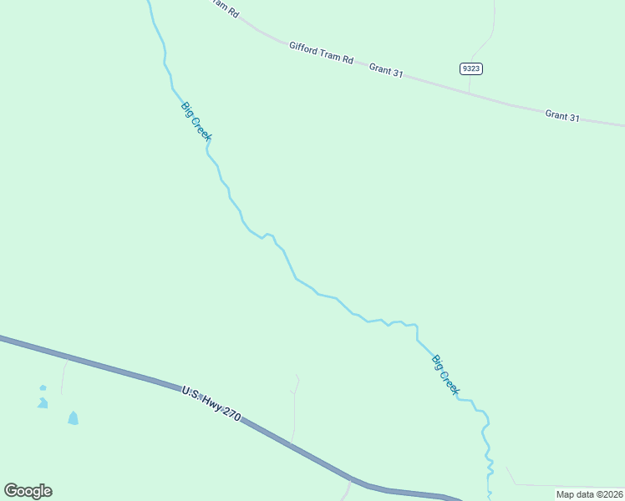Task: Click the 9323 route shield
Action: pyautogui.click(x=470, y=68)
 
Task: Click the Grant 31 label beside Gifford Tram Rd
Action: pyautogui.click(x=387, y=72)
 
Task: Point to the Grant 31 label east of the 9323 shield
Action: pyautogui.click(x=562, y=116)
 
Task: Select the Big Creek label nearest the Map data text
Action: pyautogui.click(x=446, y=375)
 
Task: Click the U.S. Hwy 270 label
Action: pyautogui.click(x=211, y=402)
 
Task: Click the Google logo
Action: pyautogui.click(x=28, y=491)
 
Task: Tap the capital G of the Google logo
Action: pyautogui.click(x=11, y=490)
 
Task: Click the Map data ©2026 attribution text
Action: pyautogui.click(x=590, y=494)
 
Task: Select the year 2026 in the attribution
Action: pyautogui.click(x=612, y=494)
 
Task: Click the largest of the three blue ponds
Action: pyautogui.click(x=73, y=417)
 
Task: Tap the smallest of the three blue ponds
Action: pyautogui.click(x=43, y=387)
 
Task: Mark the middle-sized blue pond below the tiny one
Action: pyautogui.click(x=42, y=403)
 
